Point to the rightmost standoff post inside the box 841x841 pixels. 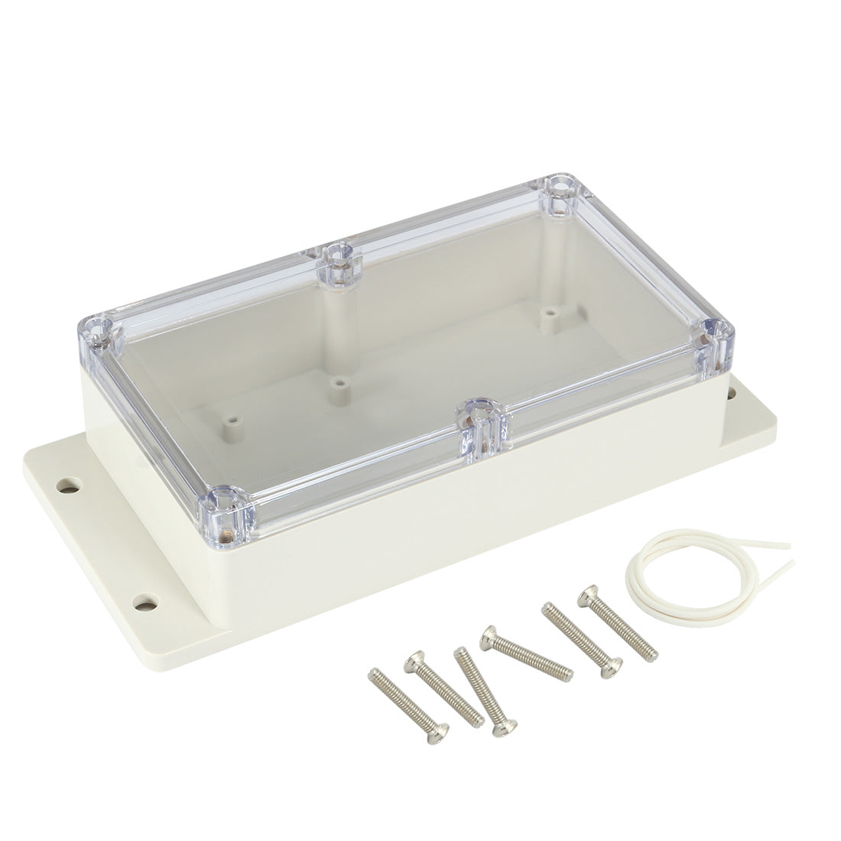[x=547, y=313]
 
